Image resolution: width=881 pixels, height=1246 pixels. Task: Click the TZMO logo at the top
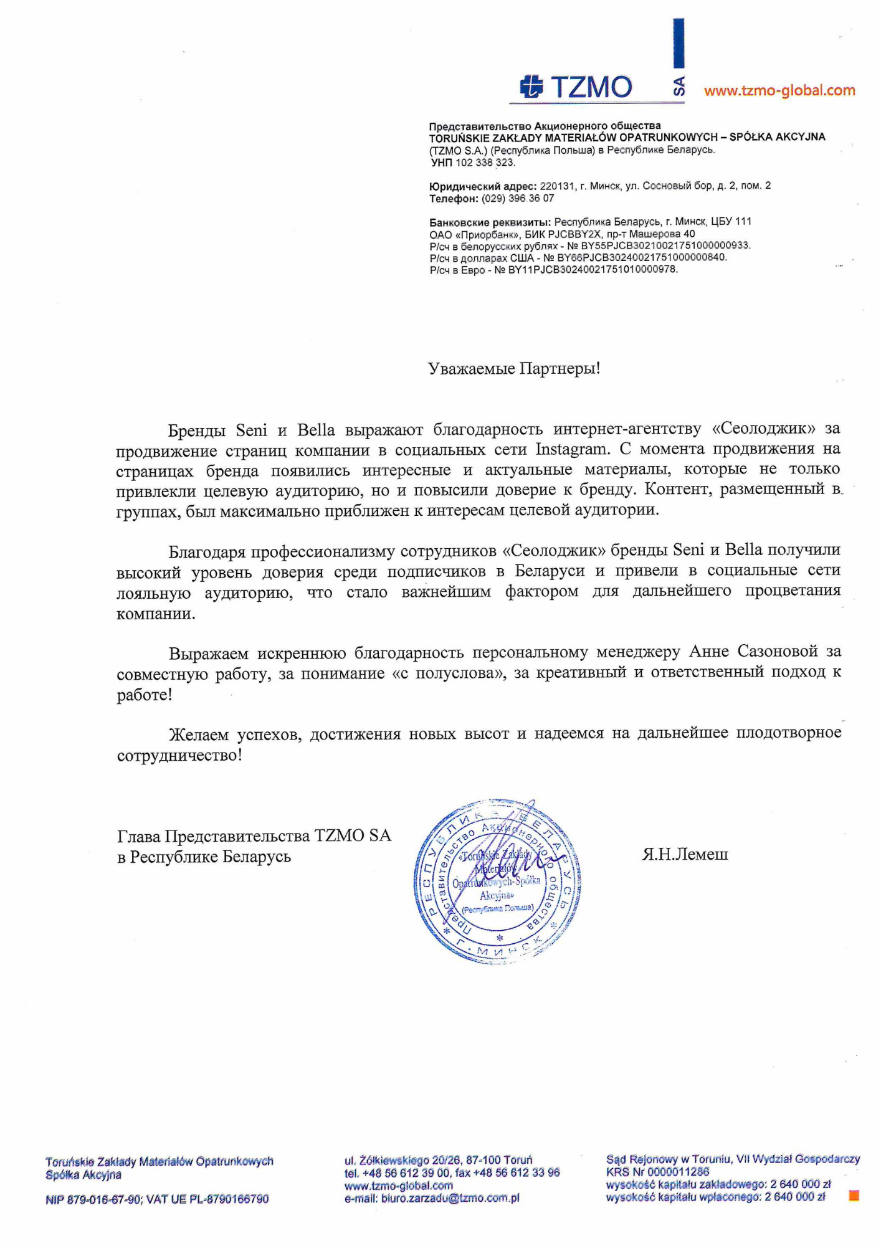[x=576, y=87]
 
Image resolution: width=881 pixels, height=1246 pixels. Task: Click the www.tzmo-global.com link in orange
[x=779, y=91]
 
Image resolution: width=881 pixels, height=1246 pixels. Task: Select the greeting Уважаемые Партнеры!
[x=514, y=368]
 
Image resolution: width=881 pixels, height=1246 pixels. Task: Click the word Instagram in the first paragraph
[x=571, y=449]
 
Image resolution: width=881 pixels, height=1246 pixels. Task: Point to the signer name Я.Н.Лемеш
[x=685, y=854]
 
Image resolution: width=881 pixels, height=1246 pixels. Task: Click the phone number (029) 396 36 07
[x=518, y=199]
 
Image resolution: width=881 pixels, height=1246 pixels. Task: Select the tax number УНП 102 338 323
[x=473, y=163]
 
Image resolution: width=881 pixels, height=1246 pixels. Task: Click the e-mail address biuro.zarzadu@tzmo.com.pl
[x=450, y=1198]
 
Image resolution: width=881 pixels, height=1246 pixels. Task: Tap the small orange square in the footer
[x=854, y=1196]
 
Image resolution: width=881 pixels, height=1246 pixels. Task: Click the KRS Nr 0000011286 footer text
[x=657, y=1172]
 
